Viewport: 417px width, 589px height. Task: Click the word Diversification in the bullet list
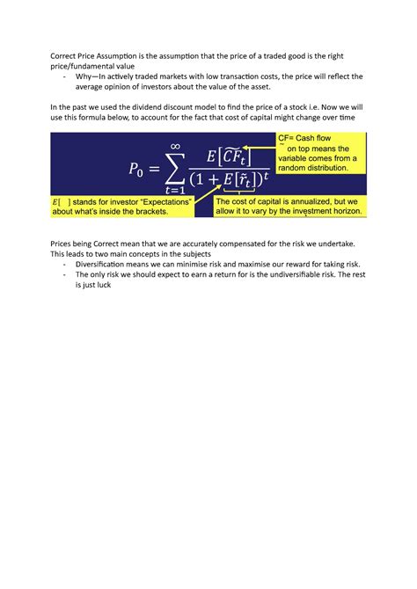[104, 264]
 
